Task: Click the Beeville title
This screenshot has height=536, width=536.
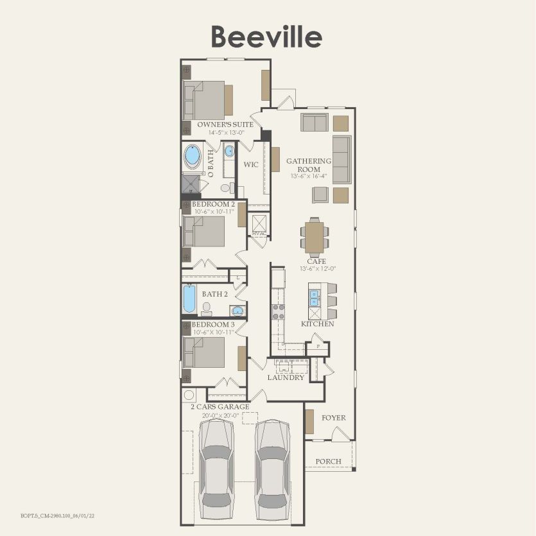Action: [266, 37]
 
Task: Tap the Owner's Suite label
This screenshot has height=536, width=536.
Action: [221, 124]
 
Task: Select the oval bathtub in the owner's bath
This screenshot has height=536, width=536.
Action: [192, 156]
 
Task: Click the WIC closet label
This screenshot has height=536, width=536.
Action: [251, 165]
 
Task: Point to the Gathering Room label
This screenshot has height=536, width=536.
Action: [309, 166]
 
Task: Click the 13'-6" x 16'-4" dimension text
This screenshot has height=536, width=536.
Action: [309, 176]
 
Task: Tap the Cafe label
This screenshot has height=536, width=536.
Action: [316, 262]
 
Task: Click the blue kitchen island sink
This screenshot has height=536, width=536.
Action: [315, 298]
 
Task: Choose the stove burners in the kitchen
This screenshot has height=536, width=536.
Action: [279, 312]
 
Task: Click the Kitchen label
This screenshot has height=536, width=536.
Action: [318, 324]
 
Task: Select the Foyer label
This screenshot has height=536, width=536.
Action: [334, 418]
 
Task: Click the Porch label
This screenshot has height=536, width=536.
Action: [329, 462]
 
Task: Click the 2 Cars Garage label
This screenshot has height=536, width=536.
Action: [220, 407]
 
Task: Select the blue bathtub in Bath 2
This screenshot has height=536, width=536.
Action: [189, 300]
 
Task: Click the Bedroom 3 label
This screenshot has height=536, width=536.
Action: [213, 325]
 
